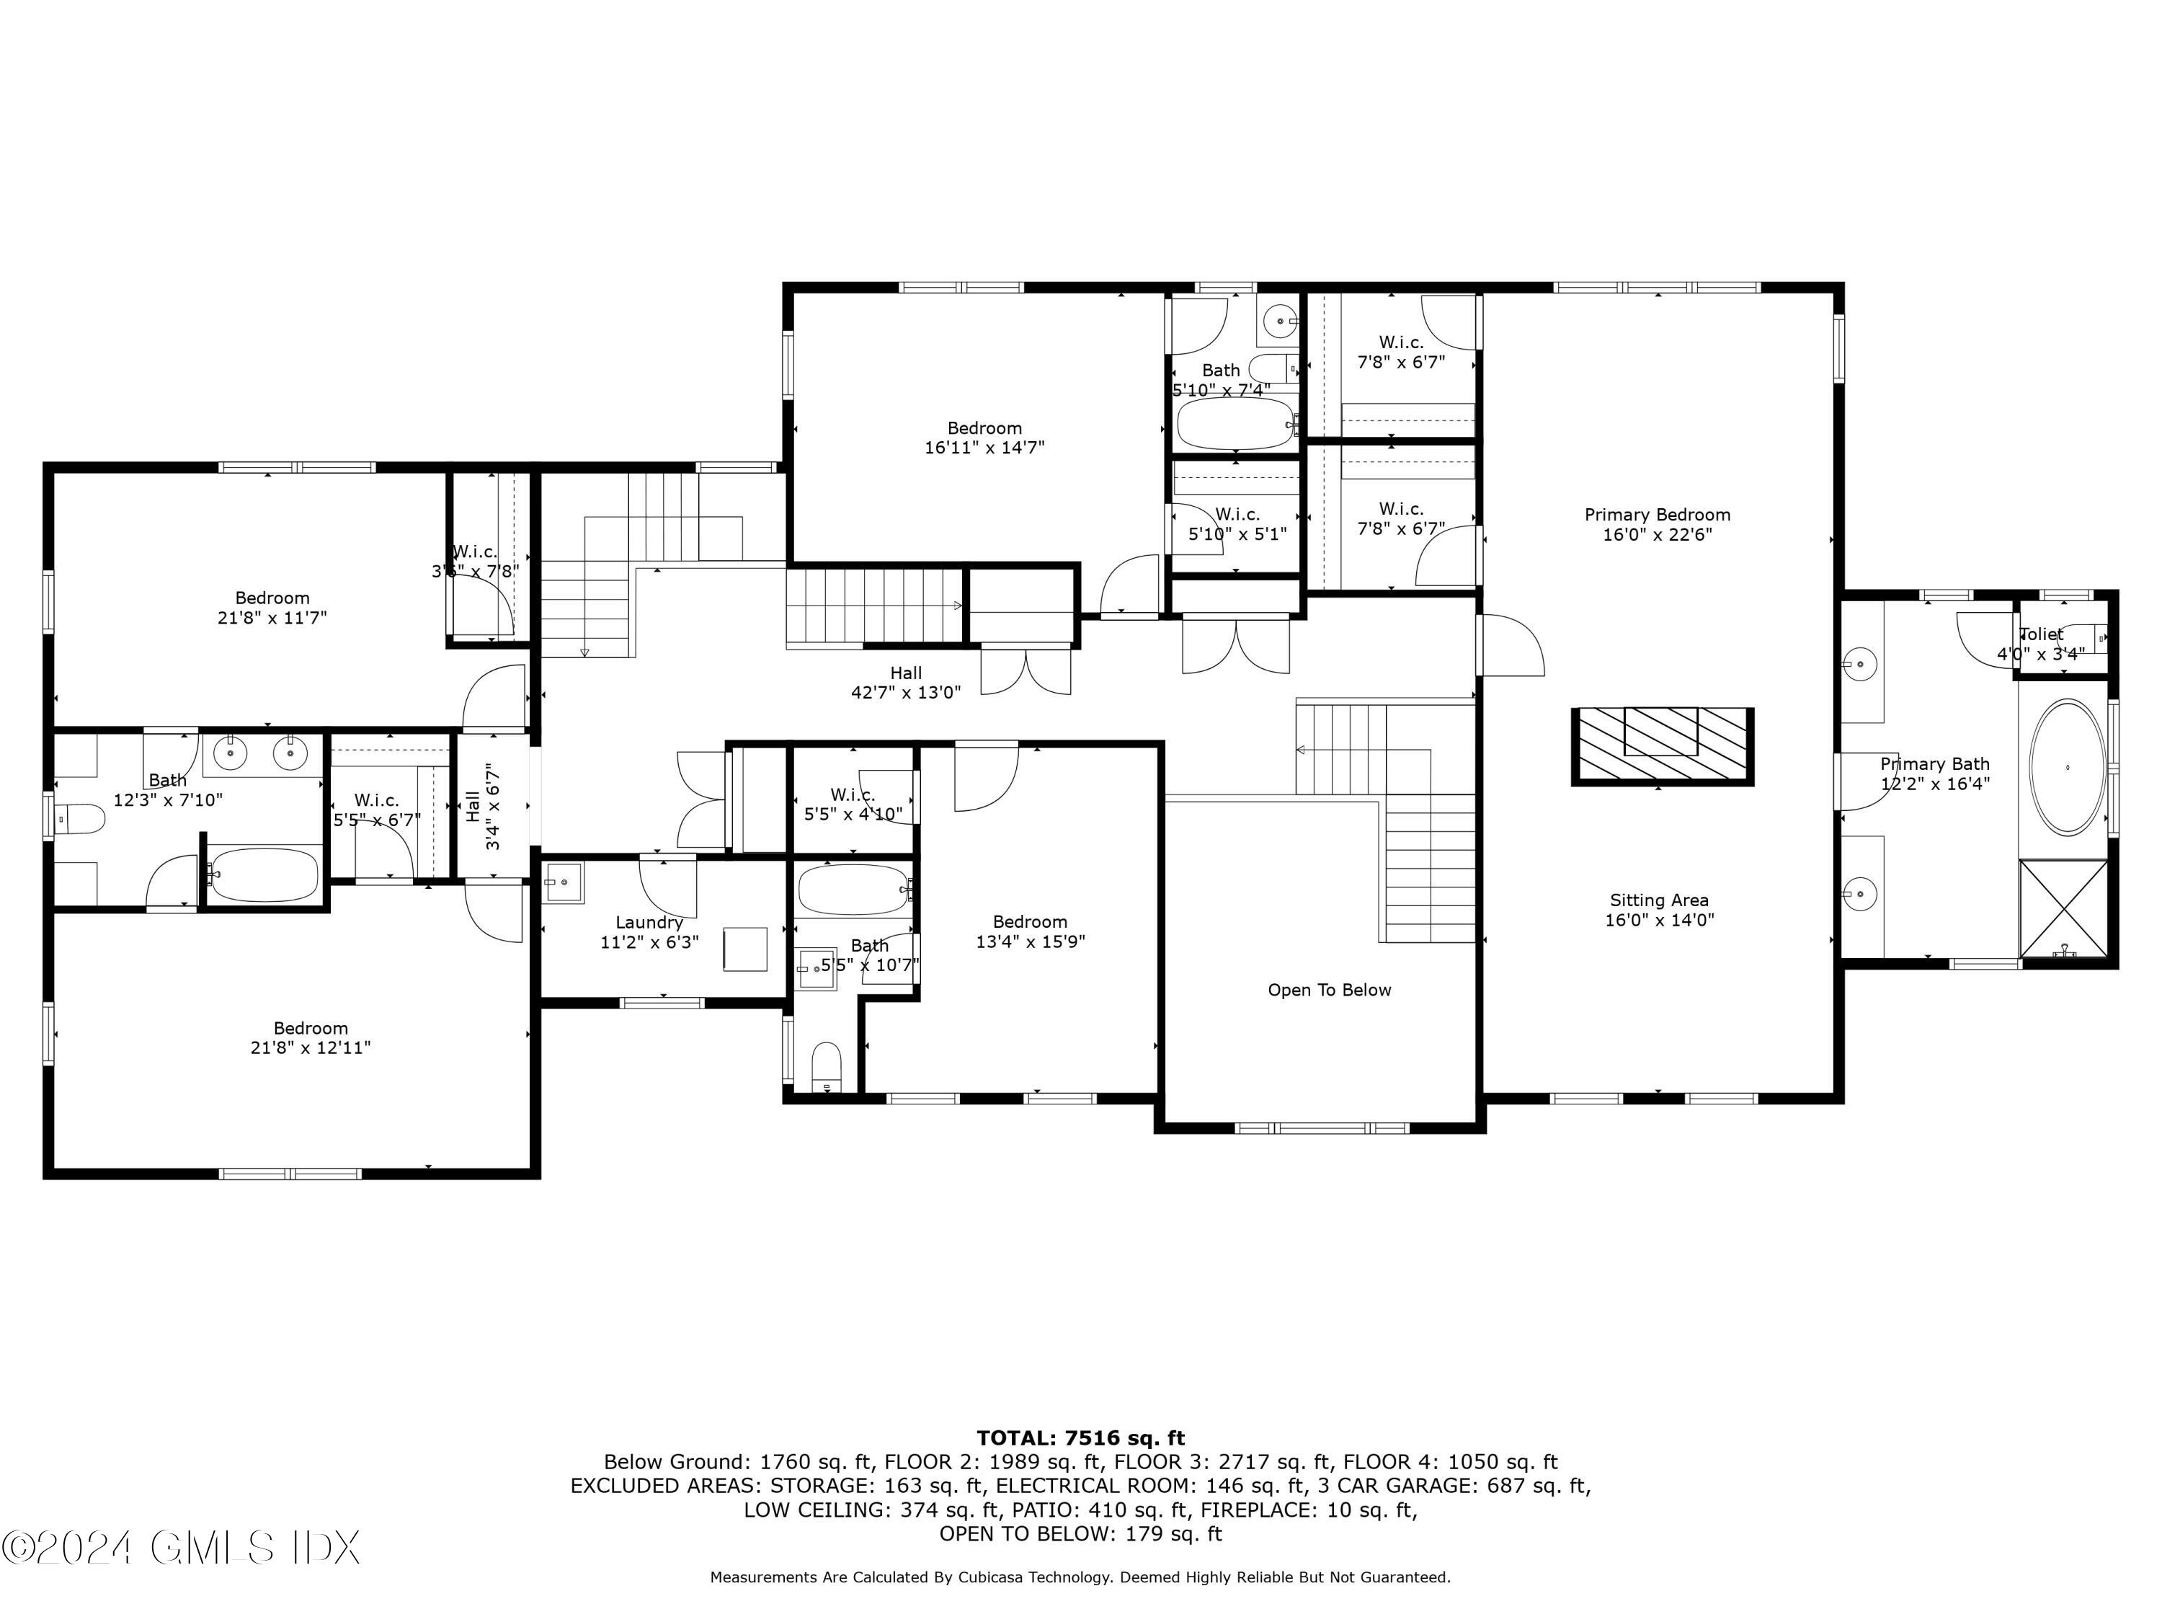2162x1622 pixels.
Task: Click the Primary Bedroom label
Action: click(1657, 525)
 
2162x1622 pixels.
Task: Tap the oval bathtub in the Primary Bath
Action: click(2067, 768)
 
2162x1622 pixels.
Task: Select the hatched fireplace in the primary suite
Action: click(1662, 747)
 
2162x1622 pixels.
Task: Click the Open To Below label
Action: click(1329, 991)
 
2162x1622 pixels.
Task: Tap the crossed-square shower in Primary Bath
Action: click(2063, 908)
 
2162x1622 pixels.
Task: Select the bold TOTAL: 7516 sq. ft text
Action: click(1080, 1438)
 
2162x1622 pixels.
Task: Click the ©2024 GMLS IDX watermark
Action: click(181, 1548)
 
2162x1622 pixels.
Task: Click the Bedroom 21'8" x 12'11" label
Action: click(310, 1038)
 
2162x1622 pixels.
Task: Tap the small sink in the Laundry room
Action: click(563, 882)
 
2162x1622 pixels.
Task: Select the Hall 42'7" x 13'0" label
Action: click(905, 683)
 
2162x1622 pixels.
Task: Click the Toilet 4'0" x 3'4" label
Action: click(2041, 644)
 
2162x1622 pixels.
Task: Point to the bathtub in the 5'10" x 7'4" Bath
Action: click(1235, 423)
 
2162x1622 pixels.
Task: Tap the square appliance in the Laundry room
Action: click(744, 949)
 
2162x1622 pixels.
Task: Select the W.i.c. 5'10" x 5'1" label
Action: click(1237, 524)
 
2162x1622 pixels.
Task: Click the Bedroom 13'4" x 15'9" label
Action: click(1030, 931)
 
